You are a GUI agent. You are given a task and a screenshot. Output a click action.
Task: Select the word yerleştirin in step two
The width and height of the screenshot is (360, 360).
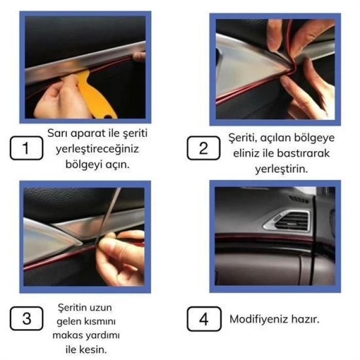281,169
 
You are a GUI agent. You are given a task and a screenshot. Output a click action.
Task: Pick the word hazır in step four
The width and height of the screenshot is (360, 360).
305,319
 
